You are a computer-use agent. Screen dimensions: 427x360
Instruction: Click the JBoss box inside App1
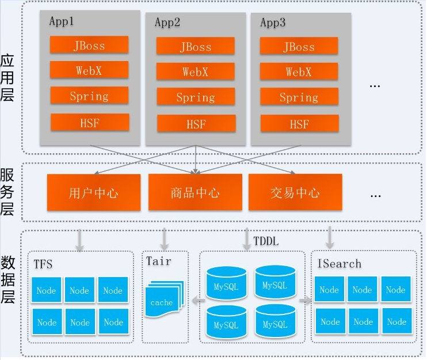click(x=89, y=45)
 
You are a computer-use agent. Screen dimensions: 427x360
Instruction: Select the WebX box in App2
click(x=196, y=71)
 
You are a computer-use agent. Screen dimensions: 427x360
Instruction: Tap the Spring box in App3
click(x=299, y=96)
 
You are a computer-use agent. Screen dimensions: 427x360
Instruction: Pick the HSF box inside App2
click(x=196, y=123)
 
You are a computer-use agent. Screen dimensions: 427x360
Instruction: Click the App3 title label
click(x=273, y=22)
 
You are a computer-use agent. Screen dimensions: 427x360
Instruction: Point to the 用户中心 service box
click(x=94, y=192)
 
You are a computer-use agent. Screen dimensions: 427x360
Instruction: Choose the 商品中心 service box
click(x=195, y=192)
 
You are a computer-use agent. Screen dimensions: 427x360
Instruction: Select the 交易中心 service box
click(x=295, y=192)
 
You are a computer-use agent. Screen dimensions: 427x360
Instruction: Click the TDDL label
click(x=266, y=241)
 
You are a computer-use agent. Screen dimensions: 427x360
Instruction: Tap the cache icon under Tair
click(x=164, y=299)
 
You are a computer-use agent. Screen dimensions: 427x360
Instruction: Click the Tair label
click(x=159, y=261)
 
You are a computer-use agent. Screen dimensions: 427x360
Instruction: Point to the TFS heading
click(x=43, y=264)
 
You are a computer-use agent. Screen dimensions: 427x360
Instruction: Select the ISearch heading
click(x=340, y=264)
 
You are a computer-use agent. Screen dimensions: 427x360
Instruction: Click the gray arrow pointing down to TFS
click(x=79, y=240)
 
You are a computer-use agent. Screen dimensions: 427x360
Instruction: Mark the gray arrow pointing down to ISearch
click(x=330, y=237)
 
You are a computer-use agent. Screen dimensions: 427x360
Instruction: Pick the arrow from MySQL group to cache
click(x=199, y=300)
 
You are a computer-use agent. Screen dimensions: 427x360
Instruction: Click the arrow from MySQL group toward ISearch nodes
click(x=305, y=300)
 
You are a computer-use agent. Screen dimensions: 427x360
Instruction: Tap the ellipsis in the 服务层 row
click(x=376, y=196)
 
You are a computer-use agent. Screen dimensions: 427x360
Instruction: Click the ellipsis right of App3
click(x=375, y=86)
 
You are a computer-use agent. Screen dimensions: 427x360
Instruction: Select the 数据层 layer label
click(x=7, y=279)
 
